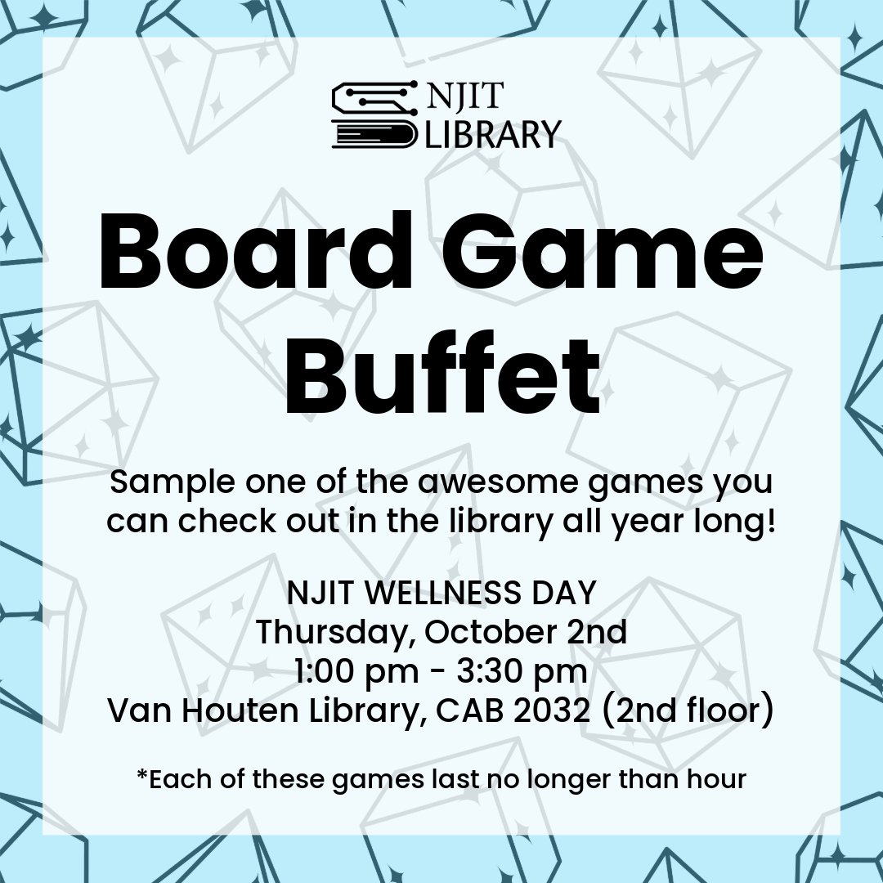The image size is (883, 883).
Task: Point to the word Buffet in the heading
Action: (441, 376)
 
